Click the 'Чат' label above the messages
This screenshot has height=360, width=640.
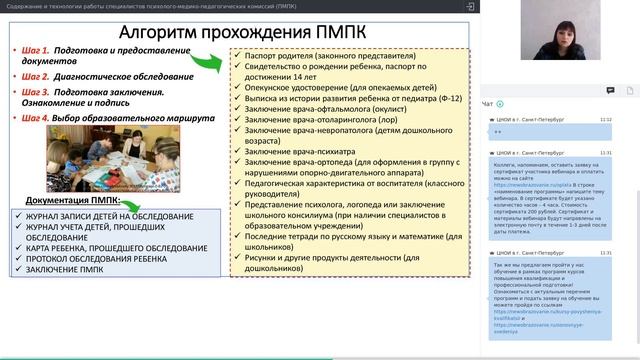click(x=487, y=104)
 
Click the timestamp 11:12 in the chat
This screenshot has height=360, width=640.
click(x=605, y=119)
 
